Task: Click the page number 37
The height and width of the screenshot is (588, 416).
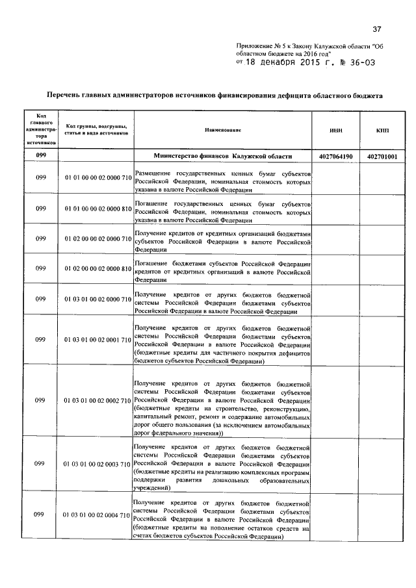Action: coord(376,29)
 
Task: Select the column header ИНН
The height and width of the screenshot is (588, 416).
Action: coord(336,131)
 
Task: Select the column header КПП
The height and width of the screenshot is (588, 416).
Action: coord(382,131)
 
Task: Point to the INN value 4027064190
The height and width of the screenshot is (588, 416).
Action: coord(336,157)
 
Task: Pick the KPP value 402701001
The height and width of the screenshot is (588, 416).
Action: coord(382,157)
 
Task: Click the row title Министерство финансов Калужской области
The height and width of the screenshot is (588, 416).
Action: coord(223,157)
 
